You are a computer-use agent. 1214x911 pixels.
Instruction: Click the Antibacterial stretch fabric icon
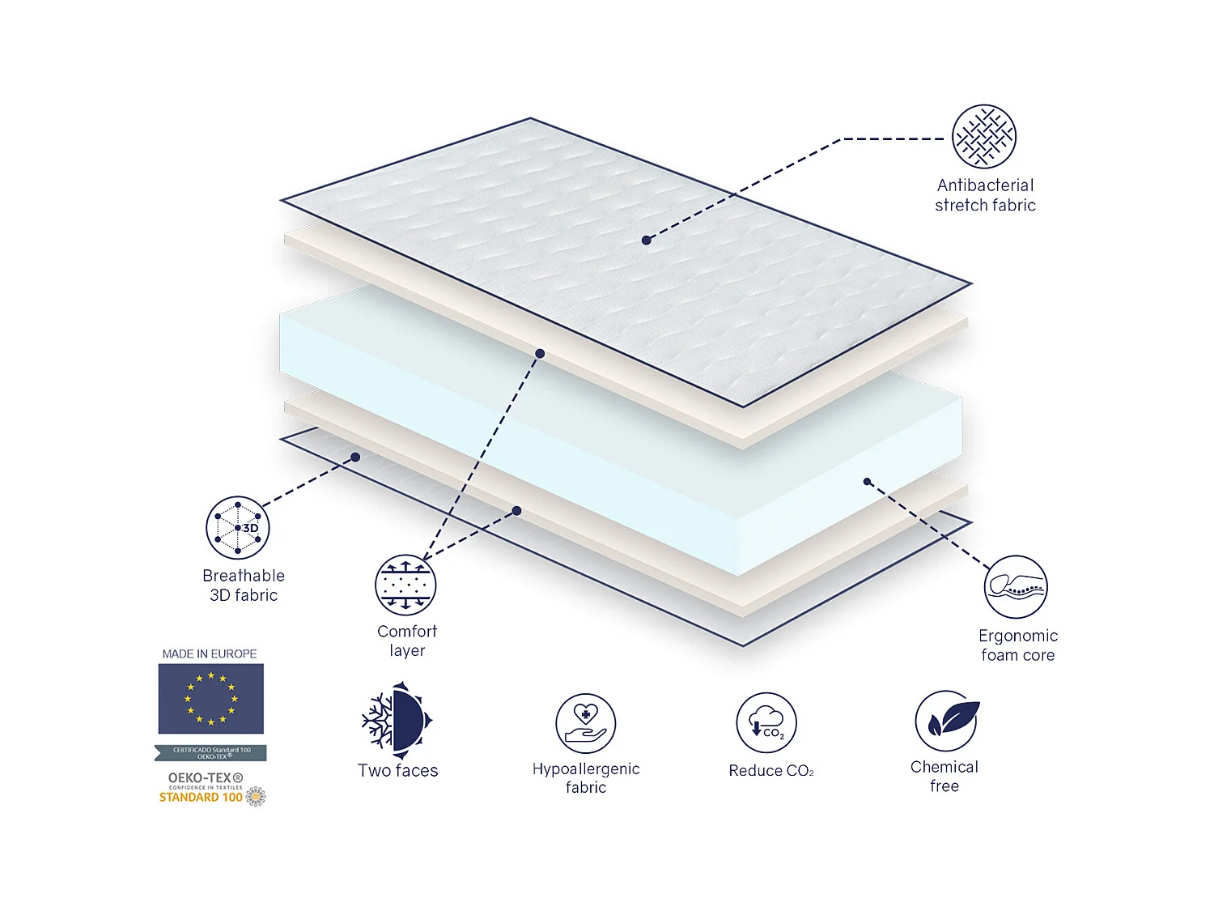coord(983,137)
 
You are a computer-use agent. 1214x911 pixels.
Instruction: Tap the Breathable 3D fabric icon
coord(238,528)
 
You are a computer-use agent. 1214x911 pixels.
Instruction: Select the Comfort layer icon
coord(405,585)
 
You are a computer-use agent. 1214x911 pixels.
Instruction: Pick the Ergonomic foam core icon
coord(1016,587)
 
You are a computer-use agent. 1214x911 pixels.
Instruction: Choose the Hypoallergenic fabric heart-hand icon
coord(585,723)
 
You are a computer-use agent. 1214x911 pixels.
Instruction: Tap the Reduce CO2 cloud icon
coord(766,722)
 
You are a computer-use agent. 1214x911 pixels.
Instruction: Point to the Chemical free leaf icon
coord(946,721)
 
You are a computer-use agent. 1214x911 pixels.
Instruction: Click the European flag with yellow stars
coord(210,699)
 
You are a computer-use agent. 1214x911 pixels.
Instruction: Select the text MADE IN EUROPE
coord(210,653)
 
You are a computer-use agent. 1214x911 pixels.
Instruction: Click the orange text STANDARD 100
coord(201,798)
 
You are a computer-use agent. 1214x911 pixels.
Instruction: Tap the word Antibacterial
coord(985,185)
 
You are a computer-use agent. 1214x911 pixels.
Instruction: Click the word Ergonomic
coord(1017,636)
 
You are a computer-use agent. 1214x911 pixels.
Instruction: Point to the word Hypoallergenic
coord(586,768)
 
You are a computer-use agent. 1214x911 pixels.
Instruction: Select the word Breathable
coord(244,576)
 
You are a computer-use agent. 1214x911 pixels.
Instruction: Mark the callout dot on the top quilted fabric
coord(646,241)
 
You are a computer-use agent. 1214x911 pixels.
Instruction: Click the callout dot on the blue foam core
coord(867,482)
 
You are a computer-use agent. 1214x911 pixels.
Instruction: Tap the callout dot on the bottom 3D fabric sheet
coord(355,458)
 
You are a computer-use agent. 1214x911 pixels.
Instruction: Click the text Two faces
coord(397,771)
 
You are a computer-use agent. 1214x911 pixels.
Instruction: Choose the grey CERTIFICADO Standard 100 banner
coord(210,753)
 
